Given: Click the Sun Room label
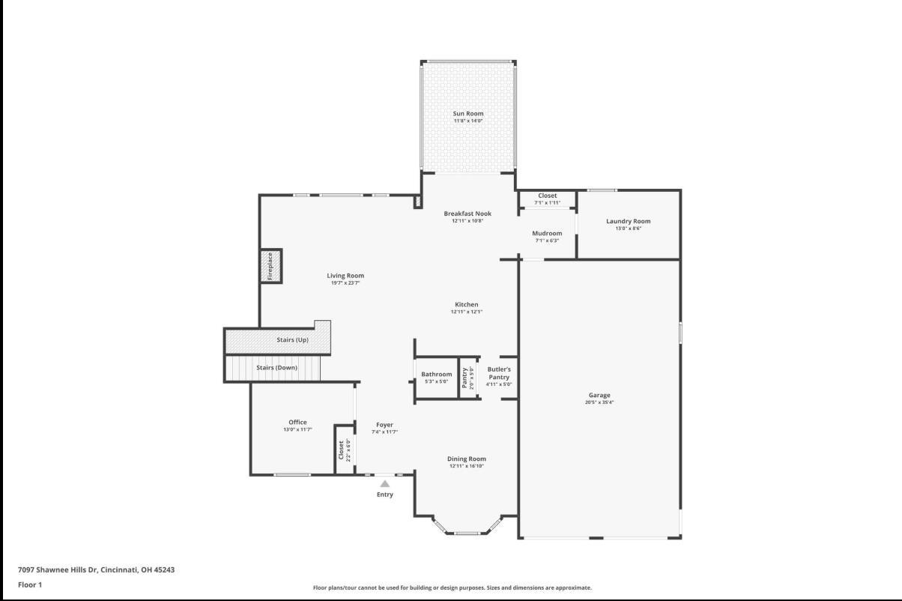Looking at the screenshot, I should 467,113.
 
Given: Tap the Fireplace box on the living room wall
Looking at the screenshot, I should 270,266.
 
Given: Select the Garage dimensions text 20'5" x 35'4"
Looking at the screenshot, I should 599,402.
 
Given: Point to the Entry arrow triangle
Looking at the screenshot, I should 384,484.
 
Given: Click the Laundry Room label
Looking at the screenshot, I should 628,221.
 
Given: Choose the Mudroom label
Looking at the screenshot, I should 547,233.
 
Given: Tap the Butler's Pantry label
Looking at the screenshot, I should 499,373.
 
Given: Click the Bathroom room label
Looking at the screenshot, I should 436,374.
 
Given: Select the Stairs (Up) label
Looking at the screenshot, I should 292,340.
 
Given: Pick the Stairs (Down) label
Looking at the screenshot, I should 276,368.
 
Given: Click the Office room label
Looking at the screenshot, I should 297,422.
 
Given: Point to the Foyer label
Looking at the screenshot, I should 384,425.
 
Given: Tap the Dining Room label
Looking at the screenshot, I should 467,459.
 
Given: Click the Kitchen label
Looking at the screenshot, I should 466,304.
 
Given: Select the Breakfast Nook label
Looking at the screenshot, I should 467,214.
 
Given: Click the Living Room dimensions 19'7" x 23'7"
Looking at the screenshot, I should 345,283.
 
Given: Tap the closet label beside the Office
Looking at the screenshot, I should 342,450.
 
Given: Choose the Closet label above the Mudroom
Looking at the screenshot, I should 547,196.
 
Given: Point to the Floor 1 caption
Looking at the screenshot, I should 30,585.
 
